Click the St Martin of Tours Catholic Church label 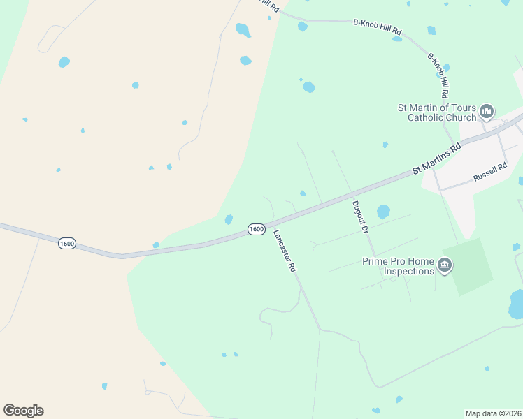pyautogui.click(x=436, y=112)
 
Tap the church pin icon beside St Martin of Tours pyautogui.click(x=487, y=111)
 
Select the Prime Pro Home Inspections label pyautogui.click(x=398, y=266)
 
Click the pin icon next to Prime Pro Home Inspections pyautogui.click(x=445, y=265)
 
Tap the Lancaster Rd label pyautogui.click(x=285, y=251)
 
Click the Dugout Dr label pyautogui.click(x=360, y=216)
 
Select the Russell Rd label pyautogui.click(x=489, y=173)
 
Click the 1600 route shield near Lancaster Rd pyautogui.click(x=257, y=229)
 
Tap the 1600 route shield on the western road pyautogui.click(x=67, y=244)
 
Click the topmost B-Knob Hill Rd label pyautogui.click(x=378, y=27)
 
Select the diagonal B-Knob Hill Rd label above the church pyautogui.click(x=438, y=75)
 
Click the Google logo pyautogui.click(x=23, y=411)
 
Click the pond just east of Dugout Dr pyautogui.click(x=383, y=211)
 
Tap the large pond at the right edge pyautogui.click(x=517, y=304)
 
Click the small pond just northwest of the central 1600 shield pyautogui.click(x=229, y=219)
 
